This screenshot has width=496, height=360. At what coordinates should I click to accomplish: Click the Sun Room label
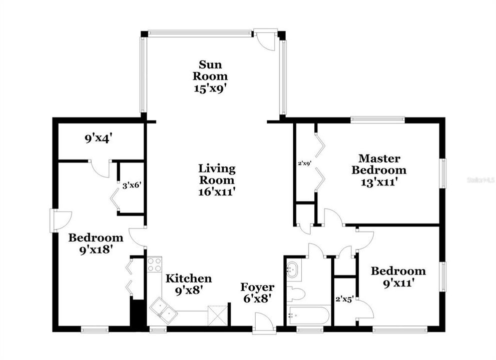213,70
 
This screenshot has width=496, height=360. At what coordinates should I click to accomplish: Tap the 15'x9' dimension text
213,88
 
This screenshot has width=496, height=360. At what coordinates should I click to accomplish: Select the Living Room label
216,174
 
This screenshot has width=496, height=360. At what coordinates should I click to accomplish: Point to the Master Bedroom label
378,164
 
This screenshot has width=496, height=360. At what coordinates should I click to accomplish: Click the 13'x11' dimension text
378,182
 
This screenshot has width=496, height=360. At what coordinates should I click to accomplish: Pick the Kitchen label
189,278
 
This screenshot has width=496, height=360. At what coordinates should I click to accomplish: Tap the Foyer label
257,287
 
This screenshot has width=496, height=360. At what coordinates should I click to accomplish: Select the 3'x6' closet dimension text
132,185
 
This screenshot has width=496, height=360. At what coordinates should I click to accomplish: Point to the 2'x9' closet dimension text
305,162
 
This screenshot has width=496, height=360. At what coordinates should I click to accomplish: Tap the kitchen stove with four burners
154,264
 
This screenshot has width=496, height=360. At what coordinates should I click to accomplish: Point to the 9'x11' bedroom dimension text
398,282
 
